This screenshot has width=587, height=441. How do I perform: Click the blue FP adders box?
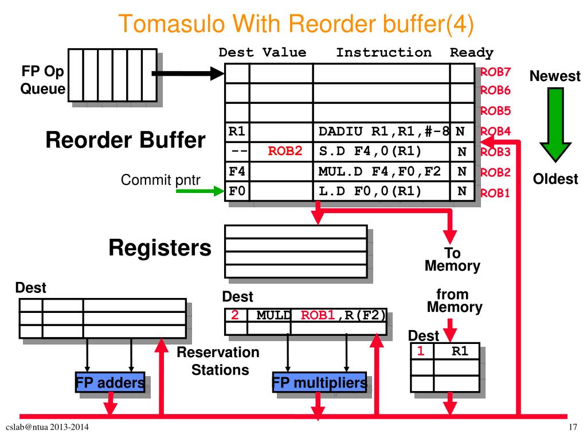coord(110,382)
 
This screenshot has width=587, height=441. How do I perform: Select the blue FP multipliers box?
coord(319,382)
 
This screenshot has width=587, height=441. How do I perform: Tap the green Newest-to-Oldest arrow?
coord(555,125)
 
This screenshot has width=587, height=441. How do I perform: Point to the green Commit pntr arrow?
coord(200,191)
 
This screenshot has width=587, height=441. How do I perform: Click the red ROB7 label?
coord(495,72)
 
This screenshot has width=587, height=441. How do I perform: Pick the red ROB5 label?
coord(495,111)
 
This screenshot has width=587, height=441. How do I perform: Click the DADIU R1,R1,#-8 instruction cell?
coord(381,131)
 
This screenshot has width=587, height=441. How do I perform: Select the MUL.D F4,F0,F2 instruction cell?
coord(381,171)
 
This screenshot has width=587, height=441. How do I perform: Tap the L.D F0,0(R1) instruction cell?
coord(381,191)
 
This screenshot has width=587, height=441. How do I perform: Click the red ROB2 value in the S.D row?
coord(285,151)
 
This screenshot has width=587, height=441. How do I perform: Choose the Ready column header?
coord(471,53)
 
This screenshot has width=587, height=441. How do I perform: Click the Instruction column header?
coord(383,52)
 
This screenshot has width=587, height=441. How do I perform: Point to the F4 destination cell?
coord(237,171)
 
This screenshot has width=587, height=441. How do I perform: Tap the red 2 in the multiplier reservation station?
coord(234,315)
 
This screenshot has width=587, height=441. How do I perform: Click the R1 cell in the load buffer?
coord(457,351)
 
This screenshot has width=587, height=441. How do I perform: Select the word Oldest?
coord(555,179)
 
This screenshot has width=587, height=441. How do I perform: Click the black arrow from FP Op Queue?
coord(188,73)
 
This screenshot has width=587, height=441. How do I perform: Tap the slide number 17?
coord(573,427)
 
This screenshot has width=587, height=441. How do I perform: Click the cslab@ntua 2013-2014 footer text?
coord(47,427)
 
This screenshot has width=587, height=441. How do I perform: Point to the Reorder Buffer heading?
coord(126,140)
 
